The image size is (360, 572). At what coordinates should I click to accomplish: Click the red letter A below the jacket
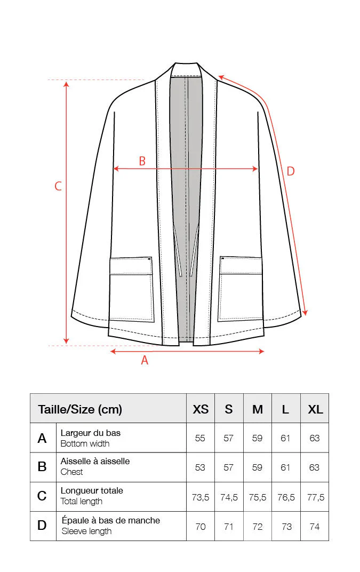[145, 360]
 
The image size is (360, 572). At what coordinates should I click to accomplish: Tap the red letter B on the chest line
[142, 161]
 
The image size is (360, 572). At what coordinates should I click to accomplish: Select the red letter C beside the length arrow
[58, 186]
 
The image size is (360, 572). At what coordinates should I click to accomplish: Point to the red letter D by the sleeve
[290, 171]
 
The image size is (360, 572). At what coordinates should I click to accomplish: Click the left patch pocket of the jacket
[131, 289]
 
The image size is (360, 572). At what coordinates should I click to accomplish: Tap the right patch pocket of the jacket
[241, 289]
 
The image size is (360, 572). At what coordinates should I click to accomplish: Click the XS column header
[201, 409]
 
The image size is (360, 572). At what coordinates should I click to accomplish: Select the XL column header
[315, 409]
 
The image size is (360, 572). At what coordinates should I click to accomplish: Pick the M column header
[258, 409]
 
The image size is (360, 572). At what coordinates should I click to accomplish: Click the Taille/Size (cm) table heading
[80, 409]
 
